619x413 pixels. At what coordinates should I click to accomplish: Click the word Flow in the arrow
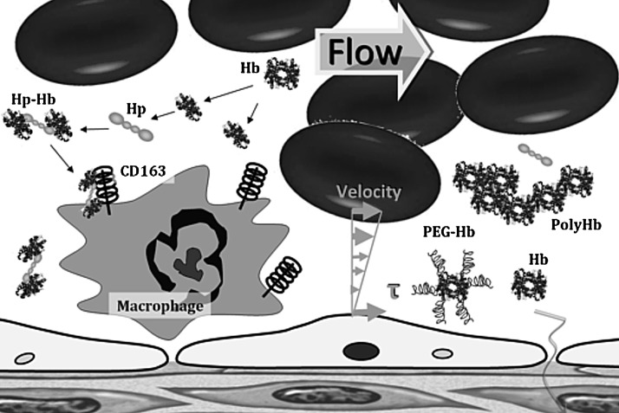[x=363, y=54]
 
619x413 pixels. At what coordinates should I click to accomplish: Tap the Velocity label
[x=372, y=191]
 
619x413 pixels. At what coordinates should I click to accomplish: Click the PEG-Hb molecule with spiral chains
[x=451, y=287]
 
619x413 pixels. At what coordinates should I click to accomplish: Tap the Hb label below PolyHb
[x=538, y=258]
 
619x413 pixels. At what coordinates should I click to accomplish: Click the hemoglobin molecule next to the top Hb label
[x=283, y=70]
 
